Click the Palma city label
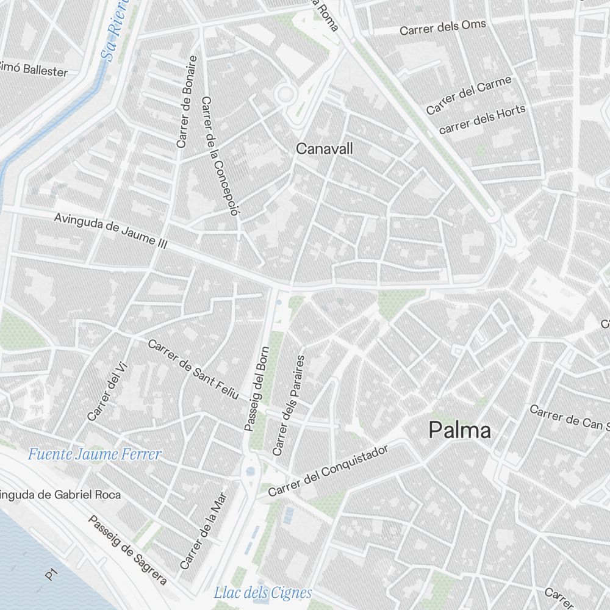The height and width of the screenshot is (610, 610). [x=459, y=430]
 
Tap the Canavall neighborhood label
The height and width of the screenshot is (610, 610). [x=324, y=148]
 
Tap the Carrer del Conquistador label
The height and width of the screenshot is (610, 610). [x=328, y=470]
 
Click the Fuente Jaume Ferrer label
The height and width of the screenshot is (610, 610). [x=95, y=454]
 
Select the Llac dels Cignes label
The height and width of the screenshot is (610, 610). [x=262, y=592]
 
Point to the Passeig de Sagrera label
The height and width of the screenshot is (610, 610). [x=127, y=550]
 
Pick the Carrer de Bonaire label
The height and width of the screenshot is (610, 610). [x=187, y=102]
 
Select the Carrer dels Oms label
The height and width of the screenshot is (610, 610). [x=442, y=27]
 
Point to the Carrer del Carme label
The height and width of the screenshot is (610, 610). [x=468, y=95]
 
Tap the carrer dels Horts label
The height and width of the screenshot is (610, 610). [x=482, y=119]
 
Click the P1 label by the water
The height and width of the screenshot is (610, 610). [x=51, y=575]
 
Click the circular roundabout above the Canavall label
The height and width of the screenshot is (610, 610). [x=284, y=95]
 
